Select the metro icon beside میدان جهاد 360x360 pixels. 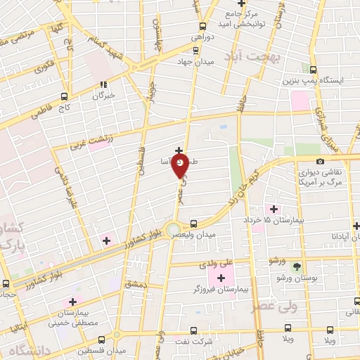196,50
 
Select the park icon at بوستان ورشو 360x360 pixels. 296,266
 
